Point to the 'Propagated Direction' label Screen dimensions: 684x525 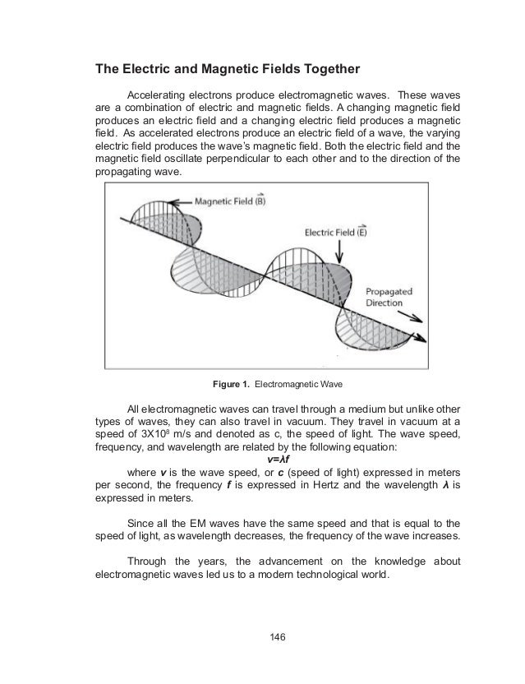[x=384, y=297]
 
